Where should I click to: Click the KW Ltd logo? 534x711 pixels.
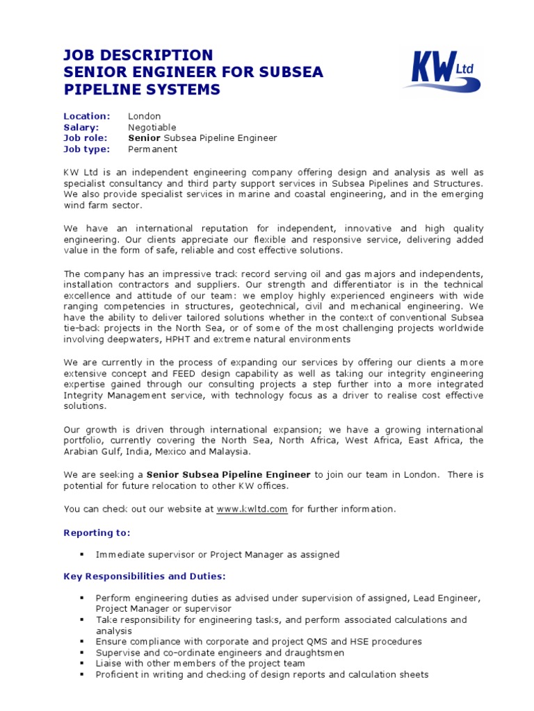[x=442, y=72]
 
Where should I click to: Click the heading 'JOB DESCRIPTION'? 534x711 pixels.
[x=138, y=56]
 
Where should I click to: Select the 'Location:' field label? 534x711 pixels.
[x=87, y=116]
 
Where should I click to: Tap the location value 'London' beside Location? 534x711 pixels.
[x=145, y=116]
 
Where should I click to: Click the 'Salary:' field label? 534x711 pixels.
[x=81, y=127]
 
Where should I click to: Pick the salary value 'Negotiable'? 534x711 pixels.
[x=152, y=127]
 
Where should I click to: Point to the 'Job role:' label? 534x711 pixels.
[x=86, y=138]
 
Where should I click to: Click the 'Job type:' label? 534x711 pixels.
[x=87, y=149]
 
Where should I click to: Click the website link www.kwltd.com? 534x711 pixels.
[x=252, y=509]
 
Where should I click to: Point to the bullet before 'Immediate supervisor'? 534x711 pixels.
[x=82, y=555]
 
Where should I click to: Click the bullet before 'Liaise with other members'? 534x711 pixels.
[x=82, y=664]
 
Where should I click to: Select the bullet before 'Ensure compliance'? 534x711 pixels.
[x=82, y=642]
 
